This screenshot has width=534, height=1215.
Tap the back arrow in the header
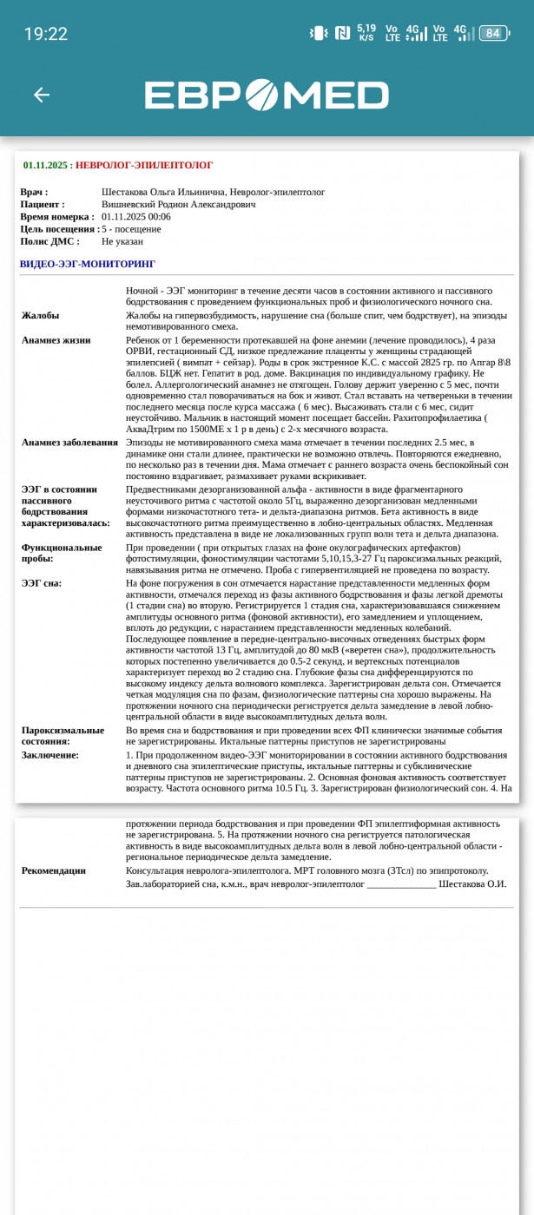point(41,95)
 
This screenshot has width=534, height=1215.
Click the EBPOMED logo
point(266,95)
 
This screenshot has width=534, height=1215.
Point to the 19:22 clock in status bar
point(45,34)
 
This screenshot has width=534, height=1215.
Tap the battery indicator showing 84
point(492,33)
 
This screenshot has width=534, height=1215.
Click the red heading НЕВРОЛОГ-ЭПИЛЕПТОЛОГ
point(144,165)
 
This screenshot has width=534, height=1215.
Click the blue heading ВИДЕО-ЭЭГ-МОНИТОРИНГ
point(88,264)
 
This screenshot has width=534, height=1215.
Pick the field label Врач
point(34,192)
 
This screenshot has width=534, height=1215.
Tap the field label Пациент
point(42,204)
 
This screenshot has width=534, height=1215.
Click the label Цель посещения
point(59,229)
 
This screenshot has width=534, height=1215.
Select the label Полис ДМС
point(49,241)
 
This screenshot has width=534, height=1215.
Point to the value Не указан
point(121,241)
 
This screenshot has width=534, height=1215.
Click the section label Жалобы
point(41,316)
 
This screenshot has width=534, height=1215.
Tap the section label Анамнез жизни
point(56,340)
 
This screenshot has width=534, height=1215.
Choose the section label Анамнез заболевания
point(69,442)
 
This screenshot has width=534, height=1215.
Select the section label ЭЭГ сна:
point(42,583)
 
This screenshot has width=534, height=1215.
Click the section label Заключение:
point(50,755)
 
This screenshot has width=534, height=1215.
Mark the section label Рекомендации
point(54,870)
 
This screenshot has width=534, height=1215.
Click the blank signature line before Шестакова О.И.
point(401,884)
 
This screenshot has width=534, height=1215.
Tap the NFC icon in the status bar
point(342,33)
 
